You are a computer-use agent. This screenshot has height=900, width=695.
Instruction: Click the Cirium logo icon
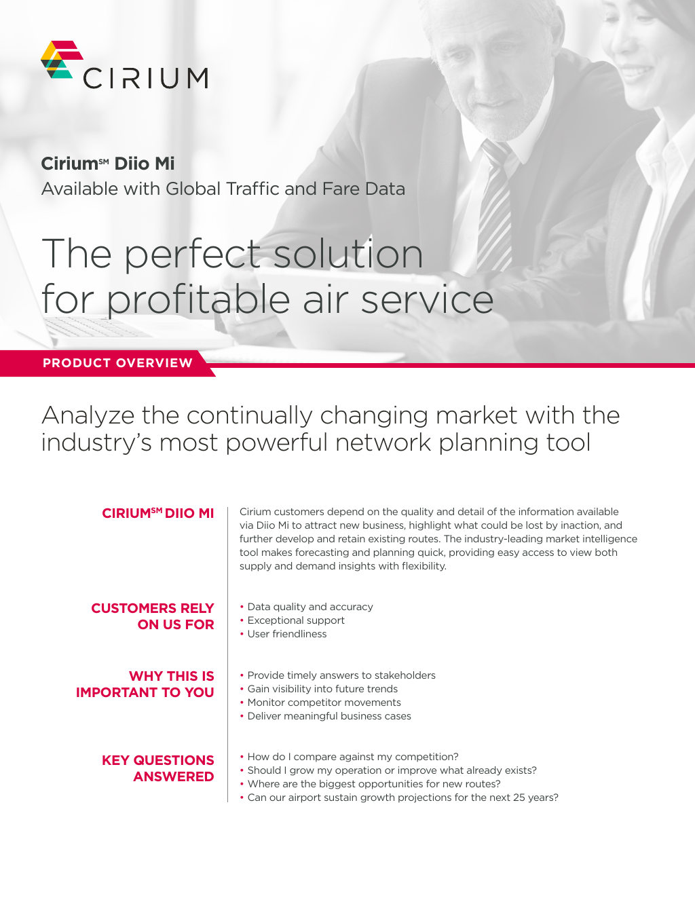(61, 59)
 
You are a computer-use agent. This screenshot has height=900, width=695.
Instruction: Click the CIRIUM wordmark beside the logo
(145, 78)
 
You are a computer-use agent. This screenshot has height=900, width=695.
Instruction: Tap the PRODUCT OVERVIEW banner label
(117, 363)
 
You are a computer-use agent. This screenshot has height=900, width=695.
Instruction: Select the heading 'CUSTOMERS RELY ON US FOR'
(153, 616)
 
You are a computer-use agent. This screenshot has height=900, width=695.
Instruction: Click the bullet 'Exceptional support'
(296, 620)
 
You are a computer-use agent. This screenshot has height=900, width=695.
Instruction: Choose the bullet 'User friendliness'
(286, 634)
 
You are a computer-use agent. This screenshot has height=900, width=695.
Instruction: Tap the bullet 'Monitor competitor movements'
(324, 702)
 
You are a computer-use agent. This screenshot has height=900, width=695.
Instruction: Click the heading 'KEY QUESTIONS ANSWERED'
(158, 768)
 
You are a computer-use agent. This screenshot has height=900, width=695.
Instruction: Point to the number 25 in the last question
(519, 798)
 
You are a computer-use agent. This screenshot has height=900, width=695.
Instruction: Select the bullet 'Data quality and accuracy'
(309, 607)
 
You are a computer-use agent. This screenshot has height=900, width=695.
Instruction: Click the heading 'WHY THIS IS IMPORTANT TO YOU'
(145, 684)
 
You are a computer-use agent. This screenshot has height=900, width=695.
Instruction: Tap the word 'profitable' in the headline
(198, 300)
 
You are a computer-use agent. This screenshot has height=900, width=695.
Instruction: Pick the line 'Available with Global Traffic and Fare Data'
(223, 189)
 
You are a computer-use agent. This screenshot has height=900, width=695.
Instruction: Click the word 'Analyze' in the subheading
(88, 416)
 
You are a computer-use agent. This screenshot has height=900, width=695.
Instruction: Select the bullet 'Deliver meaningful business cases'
(329, 716)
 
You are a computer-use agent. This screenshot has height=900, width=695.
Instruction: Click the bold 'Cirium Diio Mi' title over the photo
(108, 163)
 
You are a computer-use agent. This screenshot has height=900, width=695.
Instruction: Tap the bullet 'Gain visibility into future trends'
(322, 689)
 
